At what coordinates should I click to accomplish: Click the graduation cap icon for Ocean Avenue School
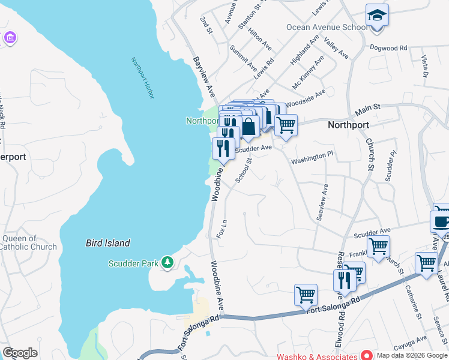pyautogui.click(x=377, y=15)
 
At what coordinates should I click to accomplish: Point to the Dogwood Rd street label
pyautogui.click(x=388, y=47)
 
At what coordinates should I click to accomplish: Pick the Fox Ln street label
pyautogui.click(x=222, y=229)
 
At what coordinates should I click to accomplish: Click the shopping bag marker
pyautogui.click(x=249, y=127)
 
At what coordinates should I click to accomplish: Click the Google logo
pyautogui.click(x=20, y=353)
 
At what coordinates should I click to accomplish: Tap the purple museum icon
pyautogui.click(x=10, y=38)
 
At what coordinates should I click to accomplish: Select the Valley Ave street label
pyautogui.click(x=336, y=48)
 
